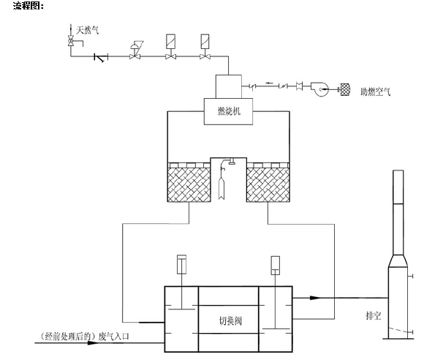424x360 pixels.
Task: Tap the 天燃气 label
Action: (x=88, y=30)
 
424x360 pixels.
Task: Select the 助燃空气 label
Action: (x=376, y=94)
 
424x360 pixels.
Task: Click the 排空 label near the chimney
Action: (x=374, y=315)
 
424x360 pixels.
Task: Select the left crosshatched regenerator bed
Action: (x=189, y=184)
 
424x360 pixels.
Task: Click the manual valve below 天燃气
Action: (x=70, y=42)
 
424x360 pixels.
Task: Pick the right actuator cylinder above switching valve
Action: (x=276, y=264)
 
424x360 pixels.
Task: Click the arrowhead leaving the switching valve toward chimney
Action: (x=314, y=298)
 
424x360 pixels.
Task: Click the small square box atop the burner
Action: (x=228, y=85)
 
